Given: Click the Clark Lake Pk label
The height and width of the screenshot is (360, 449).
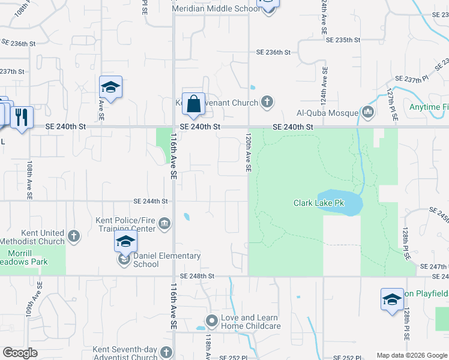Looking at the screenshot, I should (319, 203).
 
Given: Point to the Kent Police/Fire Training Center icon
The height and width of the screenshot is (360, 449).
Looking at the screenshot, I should (164, 224).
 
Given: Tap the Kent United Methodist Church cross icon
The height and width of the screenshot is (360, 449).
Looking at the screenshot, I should (74, 235).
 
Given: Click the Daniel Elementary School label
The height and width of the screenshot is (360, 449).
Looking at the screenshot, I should (166, 260).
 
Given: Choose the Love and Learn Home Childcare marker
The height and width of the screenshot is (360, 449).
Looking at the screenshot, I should (211, 321).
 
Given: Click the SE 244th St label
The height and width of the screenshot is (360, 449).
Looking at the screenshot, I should (150, 202).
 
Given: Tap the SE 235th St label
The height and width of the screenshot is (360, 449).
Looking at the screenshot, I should (343, 40).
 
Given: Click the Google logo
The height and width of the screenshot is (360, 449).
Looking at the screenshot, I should (20, 353).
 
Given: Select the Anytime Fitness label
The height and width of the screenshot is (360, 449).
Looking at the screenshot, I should (429, 107).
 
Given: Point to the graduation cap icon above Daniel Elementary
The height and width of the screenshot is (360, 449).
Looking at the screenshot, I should (125, 241).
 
